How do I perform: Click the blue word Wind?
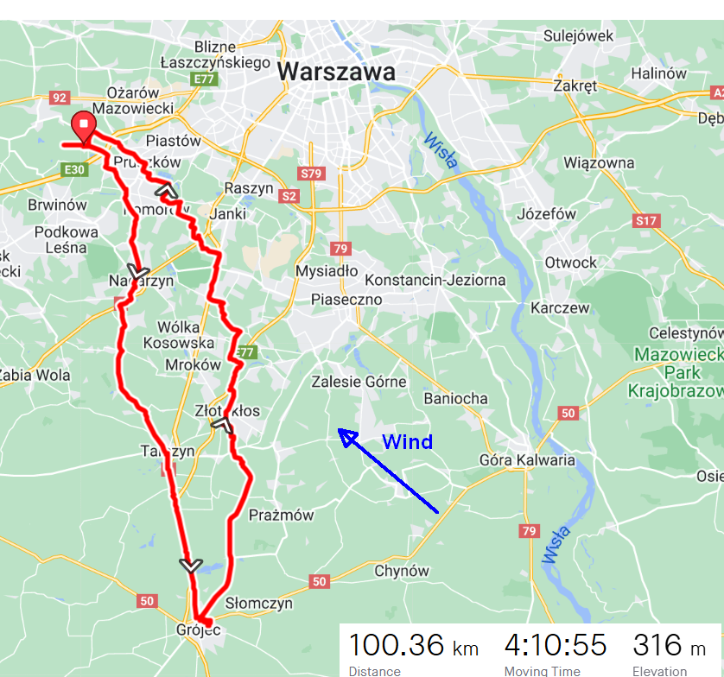pos(407,442)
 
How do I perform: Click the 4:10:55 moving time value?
pos(556,645)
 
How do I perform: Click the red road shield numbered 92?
pos(60,98)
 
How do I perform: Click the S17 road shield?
pos(646,221)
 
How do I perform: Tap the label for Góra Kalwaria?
pos(527,459)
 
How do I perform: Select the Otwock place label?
pos(570,263)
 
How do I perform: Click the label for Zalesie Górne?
pos(359,382)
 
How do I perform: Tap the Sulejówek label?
pos(579,35)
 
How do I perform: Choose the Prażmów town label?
pos(282,515)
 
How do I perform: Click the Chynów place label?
pos(401,570)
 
